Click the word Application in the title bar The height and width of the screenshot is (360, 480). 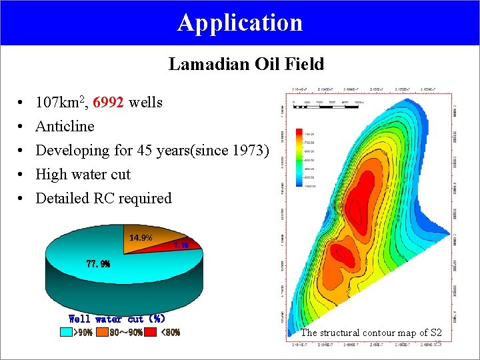pos(240,23)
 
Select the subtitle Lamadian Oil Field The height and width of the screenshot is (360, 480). pos(246,64)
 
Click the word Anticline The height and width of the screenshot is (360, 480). pos(65,127)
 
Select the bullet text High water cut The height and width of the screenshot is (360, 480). pos(83,175)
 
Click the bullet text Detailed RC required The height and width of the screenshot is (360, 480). pos(103,199)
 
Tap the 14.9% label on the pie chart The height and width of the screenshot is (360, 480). pos(141,238)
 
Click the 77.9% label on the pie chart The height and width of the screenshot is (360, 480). pos(98,263)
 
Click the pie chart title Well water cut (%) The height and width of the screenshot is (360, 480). pos(117,319)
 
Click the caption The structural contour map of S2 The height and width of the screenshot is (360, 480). pos(371,333)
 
